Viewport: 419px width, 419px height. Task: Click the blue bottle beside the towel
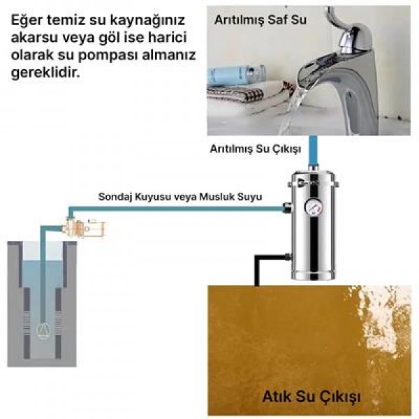(x=238, y=73)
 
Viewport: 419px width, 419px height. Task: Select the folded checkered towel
(x=241, y=94)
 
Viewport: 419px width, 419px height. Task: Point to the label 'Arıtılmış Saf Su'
(x=260, y=20)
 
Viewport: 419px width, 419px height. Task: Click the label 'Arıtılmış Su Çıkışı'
(x=255, y=149)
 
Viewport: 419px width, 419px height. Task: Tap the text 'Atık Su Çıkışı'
(x=311, y=397)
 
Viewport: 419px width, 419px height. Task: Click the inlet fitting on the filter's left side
(x=286, y=207)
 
